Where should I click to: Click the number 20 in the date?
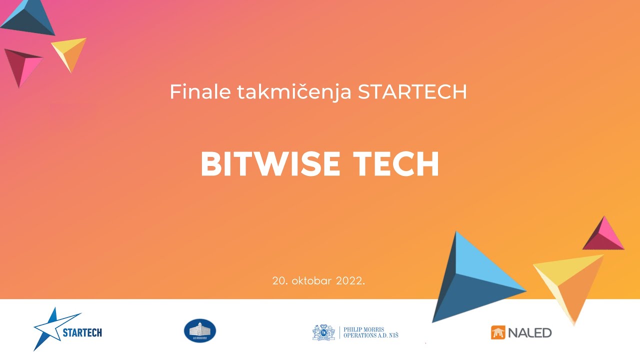coord(278,280)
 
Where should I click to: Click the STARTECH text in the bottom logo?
coord(82,332)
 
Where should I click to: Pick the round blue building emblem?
coord(200,331)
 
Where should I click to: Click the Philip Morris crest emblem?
coord(323,332)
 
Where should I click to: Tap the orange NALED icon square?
coord(498,332)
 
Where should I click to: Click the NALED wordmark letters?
coord(529,332)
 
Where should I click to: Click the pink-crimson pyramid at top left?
coord(22,65)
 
